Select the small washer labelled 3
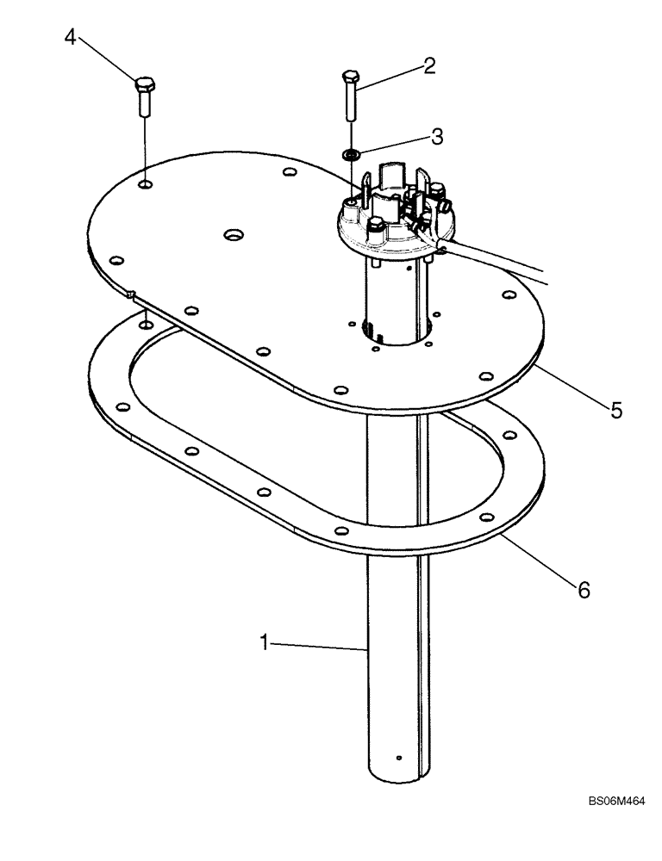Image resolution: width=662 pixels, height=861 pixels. [x=351, y=155]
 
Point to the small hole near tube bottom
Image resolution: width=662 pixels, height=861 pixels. [x=397, y=758]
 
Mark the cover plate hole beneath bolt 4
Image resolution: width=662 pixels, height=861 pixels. [x=146, y=183]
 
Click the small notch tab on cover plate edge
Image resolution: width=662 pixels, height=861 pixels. [x=130, y=294]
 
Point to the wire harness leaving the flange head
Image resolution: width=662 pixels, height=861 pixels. [x=509, y=263]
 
